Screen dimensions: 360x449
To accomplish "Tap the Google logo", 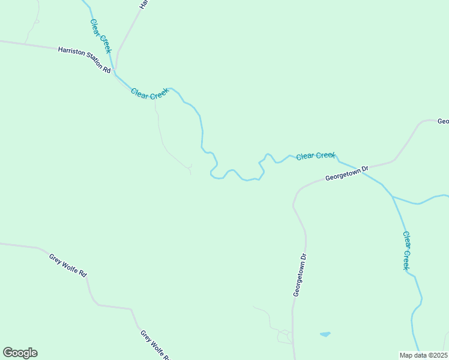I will [20, 353].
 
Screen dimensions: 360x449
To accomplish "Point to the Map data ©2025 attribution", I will [423, 355].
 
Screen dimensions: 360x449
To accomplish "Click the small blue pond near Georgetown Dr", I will [325, 334].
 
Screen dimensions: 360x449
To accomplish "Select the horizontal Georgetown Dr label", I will [346, 174].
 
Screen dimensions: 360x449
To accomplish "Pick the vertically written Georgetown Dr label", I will [300, 274].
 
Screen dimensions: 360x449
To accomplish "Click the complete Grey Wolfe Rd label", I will [68, 265].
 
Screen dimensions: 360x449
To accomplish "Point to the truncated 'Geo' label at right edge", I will [443, 121].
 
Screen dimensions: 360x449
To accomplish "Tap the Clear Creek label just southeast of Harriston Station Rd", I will [150, 94].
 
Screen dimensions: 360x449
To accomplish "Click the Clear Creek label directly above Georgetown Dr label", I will [315, 155].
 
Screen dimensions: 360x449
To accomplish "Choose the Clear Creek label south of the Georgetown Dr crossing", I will [406, 251].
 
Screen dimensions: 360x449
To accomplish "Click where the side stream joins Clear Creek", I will [394, 197].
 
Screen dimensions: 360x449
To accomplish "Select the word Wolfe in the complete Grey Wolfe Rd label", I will [71, 266].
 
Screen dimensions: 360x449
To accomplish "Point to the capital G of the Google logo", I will [8, 352].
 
